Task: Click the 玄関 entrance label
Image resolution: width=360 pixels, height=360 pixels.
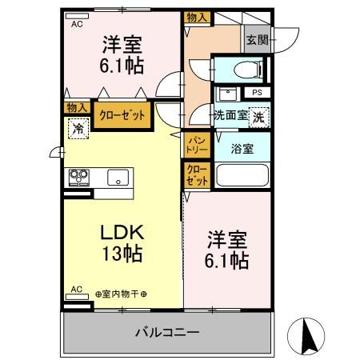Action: (x=256, y=40)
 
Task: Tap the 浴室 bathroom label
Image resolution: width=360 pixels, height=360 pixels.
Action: (x=242, y=148)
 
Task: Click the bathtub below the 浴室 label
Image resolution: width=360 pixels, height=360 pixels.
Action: (x=242, y=175)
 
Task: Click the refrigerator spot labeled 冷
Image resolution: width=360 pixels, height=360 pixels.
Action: (x=78, y=128)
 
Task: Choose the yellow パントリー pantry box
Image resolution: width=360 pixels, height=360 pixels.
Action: (x=197, y=144)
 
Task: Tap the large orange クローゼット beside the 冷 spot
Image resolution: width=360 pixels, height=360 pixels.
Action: (x=122, y=115)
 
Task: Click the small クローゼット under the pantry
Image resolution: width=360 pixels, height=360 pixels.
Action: (x=197, y=175)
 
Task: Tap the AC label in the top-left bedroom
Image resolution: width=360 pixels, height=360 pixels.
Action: (x=78, y=25)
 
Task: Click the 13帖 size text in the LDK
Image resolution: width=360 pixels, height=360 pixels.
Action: (x=122, y=255)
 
